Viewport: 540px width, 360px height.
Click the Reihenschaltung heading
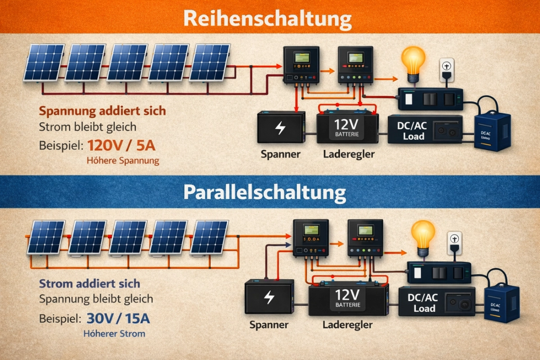268,19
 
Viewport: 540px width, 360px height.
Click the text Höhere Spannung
123,160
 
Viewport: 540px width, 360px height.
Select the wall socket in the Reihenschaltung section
447,69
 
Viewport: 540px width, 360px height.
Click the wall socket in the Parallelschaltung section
456,243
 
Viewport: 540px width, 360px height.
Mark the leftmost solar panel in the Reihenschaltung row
44,63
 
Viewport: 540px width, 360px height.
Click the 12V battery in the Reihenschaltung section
348,127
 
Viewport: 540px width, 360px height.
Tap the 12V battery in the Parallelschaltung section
348,300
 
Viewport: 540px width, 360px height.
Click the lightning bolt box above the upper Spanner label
281,127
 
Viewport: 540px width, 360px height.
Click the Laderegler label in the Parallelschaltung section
347,325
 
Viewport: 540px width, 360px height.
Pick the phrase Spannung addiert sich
102,111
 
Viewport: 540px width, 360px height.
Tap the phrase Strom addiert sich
89,284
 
